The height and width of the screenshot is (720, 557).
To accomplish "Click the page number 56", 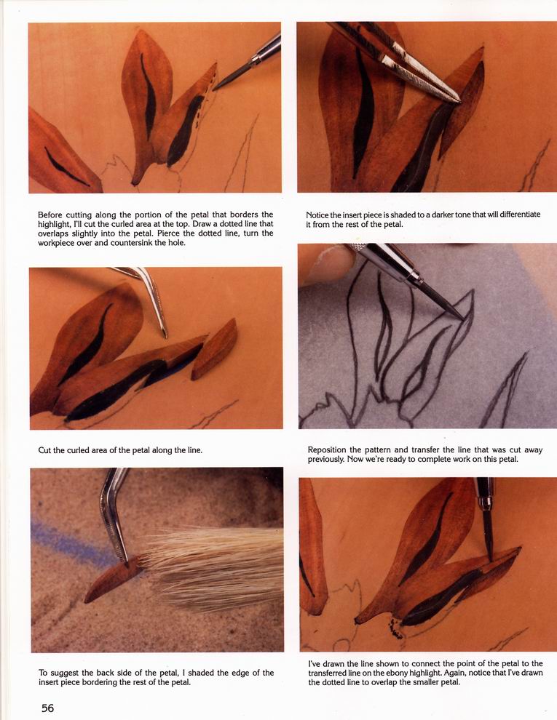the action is (48, 708).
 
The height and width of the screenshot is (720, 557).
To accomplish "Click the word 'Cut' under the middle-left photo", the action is (44, 450).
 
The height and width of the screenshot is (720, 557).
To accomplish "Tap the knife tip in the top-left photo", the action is (215, 89).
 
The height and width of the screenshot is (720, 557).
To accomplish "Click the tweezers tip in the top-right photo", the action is (458, 101).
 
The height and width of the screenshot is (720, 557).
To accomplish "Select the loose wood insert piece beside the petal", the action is (215, 349).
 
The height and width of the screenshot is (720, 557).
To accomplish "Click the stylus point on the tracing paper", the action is (462, 319).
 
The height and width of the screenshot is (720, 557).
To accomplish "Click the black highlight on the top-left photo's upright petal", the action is (148, 97).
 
